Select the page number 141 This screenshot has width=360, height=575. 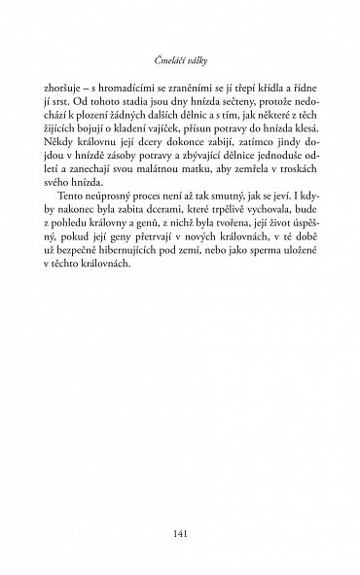pos(181,505)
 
